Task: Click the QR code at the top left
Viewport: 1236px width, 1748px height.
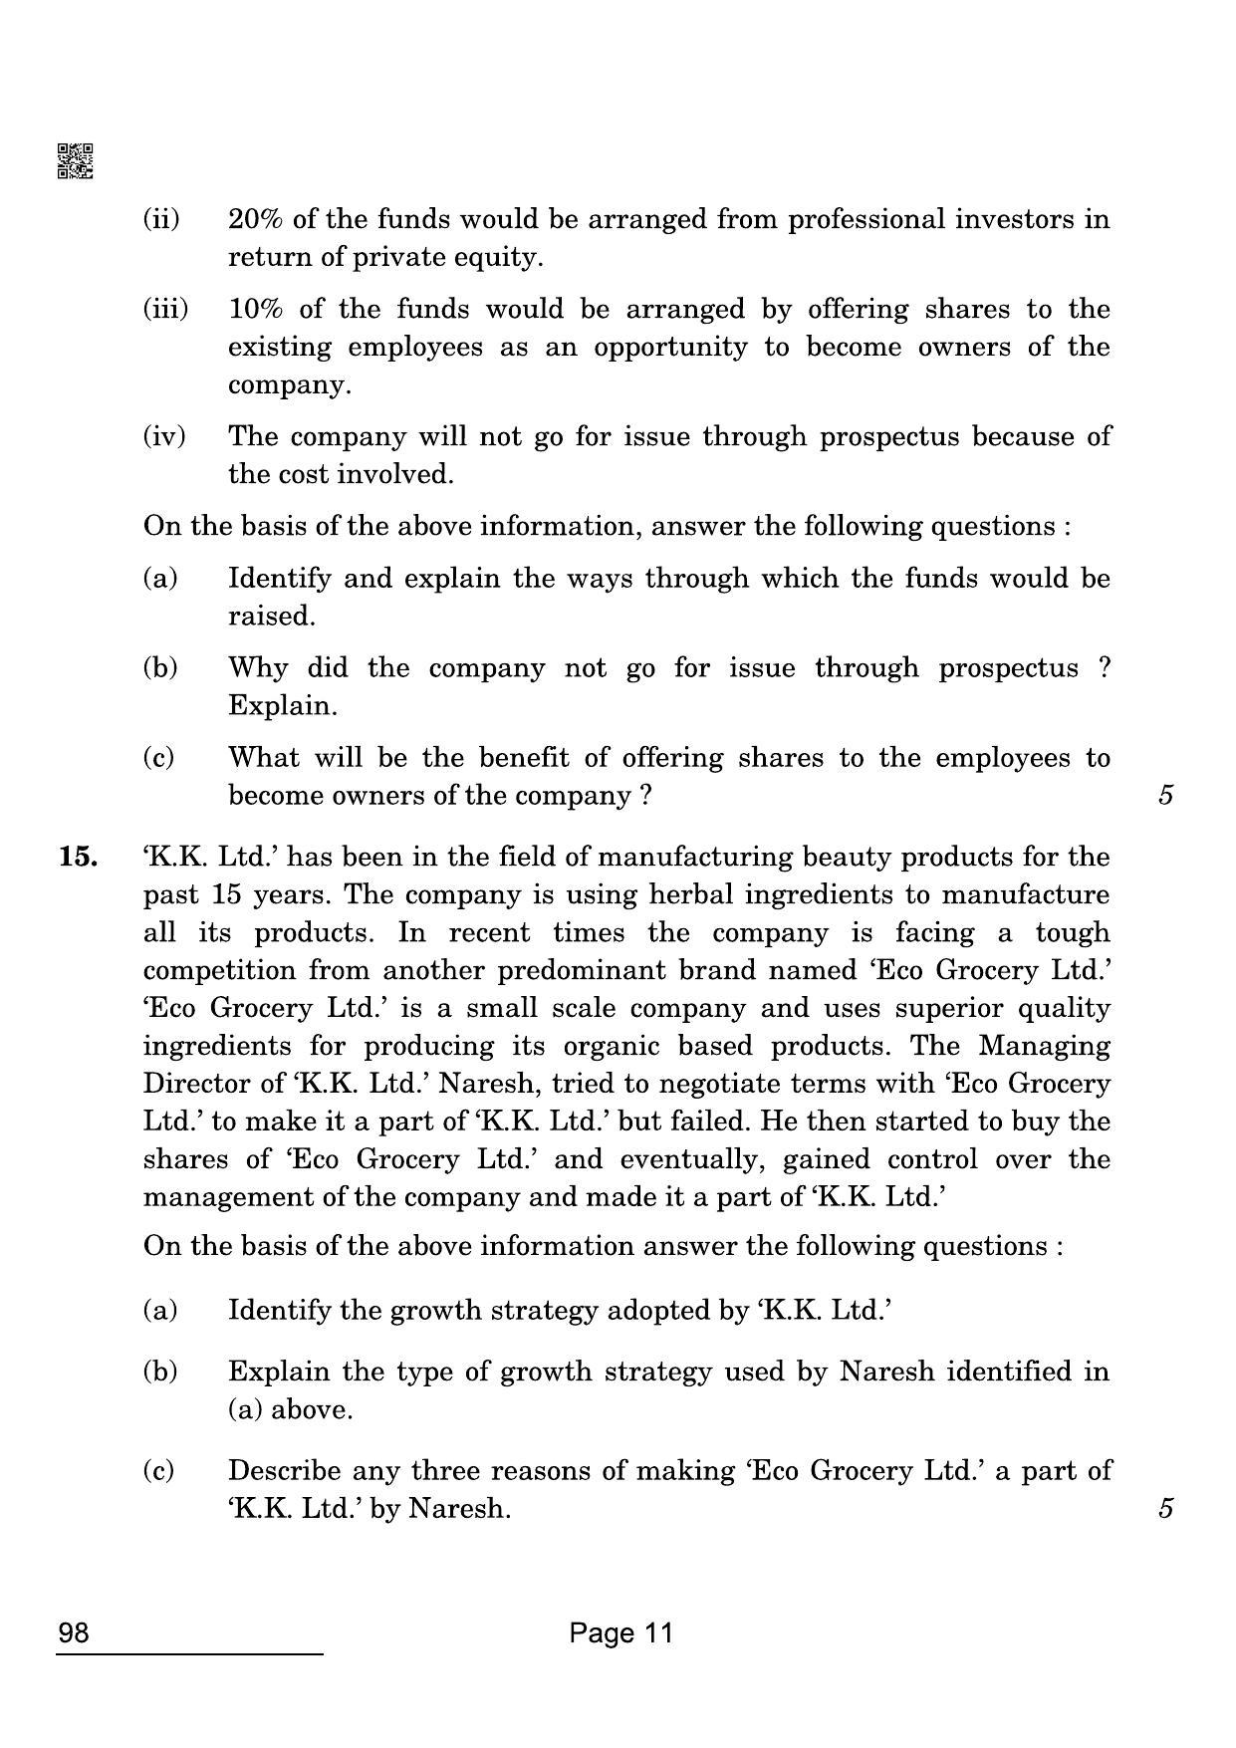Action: point(75,161)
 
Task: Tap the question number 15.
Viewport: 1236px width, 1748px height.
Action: point(79,857)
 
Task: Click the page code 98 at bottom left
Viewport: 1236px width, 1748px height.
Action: point(74,1633)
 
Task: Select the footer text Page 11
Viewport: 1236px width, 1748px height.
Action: point(621,1633)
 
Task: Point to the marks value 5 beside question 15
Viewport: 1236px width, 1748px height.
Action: point(1166,1508)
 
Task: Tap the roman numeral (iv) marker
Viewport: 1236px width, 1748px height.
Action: point(163,436)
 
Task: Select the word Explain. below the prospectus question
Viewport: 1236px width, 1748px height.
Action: point(283,705)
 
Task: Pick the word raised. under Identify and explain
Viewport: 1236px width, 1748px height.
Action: point(271,616)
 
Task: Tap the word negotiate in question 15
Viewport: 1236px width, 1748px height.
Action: point(699,1084)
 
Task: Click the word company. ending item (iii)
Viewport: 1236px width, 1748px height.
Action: point(290,384)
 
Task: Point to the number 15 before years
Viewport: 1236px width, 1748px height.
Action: point(226,894)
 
